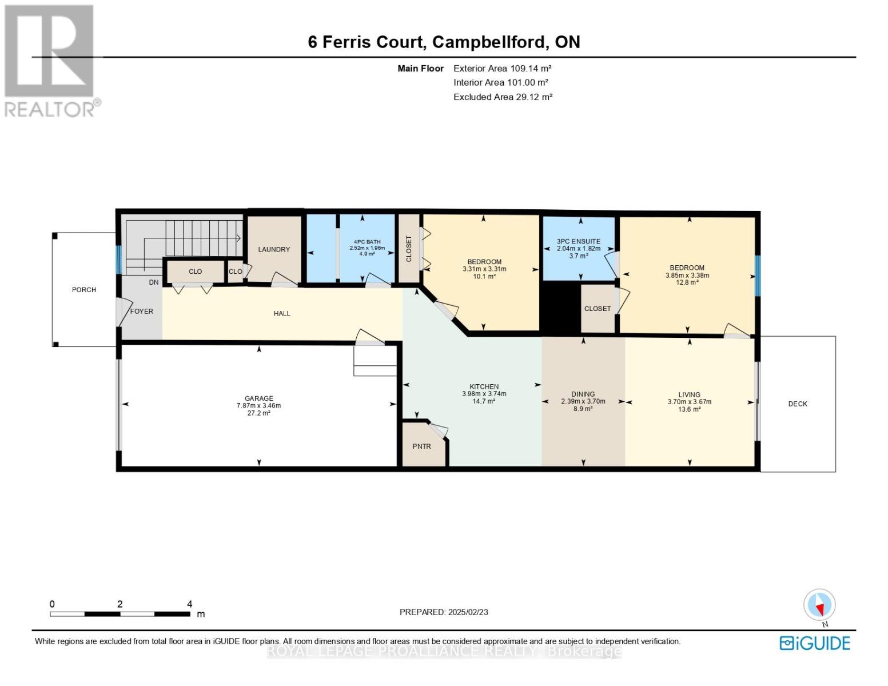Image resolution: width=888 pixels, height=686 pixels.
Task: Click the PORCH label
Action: point(84,290)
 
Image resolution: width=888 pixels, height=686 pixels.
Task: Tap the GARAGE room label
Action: point(258,398)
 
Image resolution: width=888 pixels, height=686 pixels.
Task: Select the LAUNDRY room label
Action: point(274,249)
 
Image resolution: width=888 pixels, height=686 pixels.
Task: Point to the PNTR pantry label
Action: point(422,446)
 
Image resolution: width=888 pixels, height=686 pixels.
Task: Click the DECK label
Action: point(797,404)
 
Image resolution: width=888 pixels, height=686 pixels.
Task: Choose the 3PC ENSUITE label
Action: point(578,241)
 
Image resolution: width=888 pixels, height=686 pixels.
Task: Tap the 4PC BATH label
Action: point(367,242)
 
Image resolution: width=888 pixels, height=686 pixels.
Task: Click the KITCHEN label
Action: point(484,386)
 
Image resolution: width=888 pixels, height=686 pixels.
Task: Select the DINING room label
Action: point(583,394)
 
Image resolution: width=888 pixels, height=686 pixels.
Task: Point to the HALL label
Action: point(282,313)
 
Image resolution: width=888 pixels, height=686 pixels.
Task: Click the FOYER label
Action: point(142,312)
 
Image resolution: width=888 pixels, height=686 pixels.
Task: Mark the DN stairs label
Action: point(154,282)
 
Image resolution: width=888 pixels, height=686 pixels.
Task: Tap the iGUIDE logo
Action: point(814,643)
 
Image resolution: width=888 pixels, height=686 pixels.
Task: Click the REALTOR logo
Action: point(50,61)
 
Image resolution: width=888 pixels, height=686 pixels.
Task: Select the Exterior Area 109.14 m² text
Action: point(502,68)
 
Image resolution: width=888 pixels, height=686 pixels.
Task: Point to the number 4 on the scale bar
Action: point(190,604)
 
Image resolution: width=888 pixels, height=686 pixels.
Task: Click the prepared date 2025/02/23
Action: point(468,612)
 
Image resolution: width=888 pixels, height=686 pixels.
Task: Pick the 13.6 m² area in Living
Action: point(690,409)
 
